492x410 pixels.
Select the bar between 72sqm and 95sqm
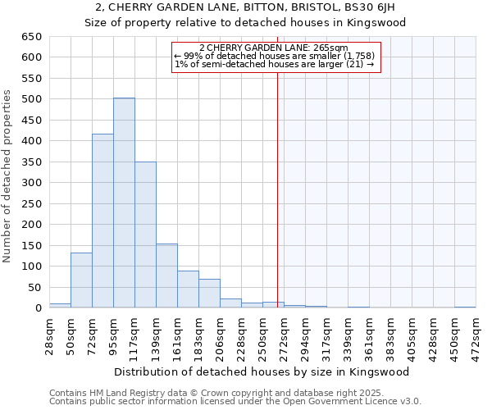pos(102,221)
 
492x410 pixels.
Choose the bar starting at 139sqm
pos(166,276)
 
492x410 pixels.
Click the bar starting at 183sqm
pos(209,294)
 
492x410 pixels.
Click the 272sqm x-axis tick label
pos(285,337)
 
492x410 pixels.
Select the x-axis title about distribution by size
pos(262,371)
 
